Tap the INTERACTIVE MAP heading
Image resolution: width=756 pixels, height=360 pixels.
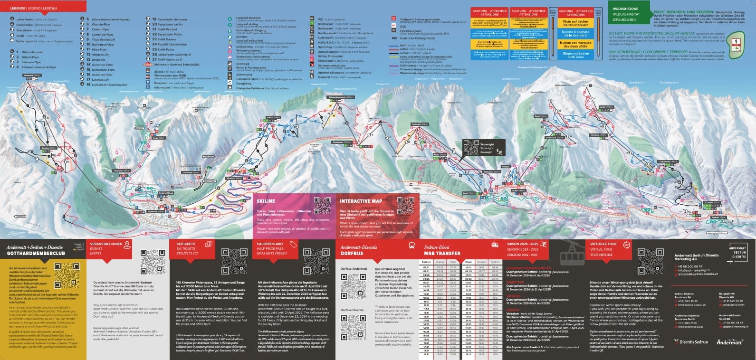pos(361,201)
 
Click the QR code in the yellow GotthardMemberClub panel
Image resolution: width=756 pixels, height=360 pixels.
pos(67,275)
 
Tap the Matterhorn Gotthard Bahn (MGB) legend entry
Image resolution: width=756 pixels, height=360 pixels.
pos(171,64)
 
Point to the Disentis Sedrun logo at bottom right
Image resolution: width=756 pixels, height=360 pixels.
pos(690,341)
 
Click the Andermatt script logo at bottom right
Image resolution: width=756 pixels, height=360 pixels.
pos(729,341)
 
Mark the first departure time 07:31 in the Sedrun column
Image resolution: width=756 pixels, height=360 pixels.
pos(426,267)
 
